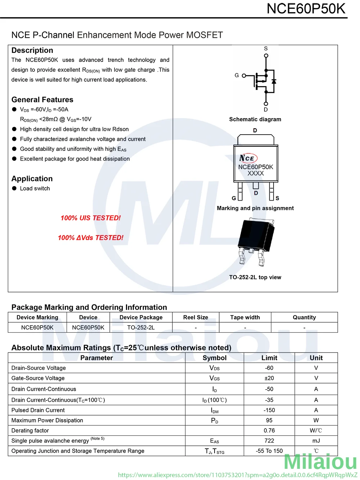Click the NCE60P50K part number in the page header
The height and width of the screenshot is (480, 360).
click(306, 9)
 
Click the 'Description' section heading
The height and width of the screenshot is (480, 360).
click(32, 50)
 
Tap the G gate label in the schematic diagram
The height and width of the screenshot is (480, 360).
click(237, 75)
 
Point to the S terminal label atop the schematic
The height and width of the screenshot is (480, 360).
click(266, 49)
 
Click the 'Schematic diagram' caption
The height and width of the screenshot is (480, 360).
click(255, 119)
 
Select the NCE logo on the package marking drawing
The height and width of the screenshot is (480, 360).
click(248, 158)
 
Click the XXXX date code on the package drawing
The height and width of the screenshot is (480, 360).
click(256, 173)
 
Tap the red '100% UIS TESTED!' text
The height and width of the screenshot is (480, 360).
click(91, 218)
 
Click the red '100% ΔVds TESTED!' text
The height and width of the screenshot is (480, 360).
click(91, 238)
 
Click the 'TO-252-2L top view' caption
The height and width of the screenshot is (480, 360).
click(255, 277)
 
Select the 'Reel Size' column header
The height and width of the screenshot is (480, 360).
click(195, 317)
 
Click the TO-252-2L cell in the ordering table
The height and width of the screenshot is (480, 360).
click(141, 327)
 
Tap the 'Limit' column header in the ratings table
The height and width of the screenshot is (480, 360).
click(269, 358)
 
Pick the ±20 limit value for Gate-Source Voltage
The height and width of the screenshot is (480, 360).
click(269, 378)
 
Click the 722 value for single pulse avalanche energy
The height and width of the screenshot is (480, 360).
click(269, 441)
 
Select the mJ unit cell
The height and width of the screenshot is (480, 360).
click(316, 441)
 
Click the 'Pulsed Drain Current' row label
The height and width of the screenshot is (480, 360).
click(38, 410)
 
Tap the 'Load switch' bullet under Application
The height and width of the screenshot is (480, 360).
click(35, 188)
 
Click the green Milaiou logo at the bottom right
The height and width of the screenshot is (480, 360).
click(320, 462)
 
